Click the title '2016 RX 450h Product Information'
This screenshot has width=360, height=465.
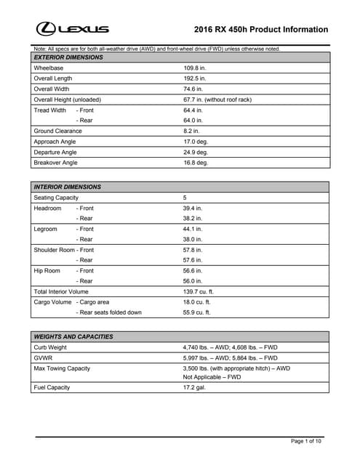click(261, 30)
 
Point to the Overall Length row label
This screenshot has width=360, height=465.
click(53, 78)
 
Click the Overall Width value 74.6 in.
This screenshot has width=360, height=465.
click(193, 89)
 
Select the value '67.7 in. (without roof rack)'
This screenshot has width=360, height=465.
click(217, 100)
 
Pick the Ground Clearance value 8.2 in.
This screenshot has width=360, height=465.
click(191, 131)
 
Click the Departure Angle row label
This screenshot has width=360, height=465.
click(55, 153)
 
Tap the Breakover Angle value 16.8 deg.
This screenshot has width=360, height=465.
click(196, 163)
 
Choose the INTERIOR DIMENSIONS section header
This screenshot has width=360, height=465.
click(68, 187)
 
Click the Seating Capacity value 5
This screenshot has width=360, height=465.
click(185, 198)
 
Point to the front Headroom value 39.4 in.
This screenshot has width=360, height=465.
click(193, 209)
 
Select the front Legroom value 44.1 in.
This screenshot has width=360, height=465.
click(193, 230)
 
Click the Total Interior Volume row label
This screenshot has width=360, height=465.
click(61, 291)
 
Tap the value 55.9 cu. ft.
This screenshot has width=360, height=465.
click(196, 312)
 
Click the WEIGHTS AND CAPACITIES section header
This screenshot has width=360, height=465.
click(73, 337)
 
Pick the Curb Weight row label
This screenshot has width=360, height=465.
click(50, 347)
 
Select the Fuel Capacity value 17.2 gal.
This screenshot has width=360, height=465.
click(194, 387)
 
